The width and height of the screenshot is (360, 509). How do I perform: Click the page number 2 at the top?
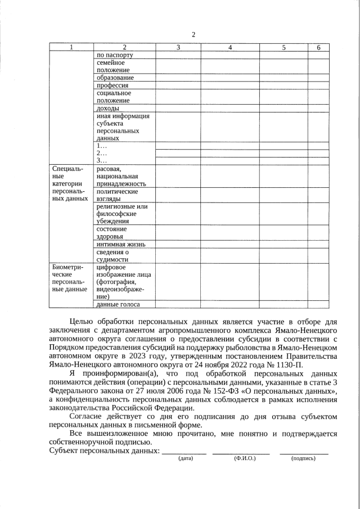tap(193, 35)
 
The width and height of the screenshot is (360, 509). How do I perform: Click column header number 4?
tap(230, 48)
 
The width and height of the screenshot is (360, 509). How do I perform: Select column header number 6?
tap(318, 48)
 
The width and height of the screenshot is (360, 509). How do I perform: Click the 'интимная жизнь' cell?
tap(121, 244)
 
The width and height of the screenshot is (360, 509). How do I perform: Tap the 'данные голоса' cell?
tap(118, 304)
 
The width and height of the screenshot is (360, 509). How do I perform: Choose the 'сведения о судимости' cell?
tap(113, 256)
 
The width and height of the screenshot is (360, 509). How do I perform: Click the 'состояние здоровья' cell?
tap(112, 233)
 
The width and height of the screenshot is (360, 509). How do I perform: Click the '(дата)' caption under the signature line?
tap(185, 459)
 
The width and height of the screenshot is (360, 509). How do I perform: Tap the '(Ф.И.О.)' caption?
tap(245, 459)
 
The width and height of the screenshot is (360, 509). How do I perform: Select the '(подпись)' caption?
tap(303, 459)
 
